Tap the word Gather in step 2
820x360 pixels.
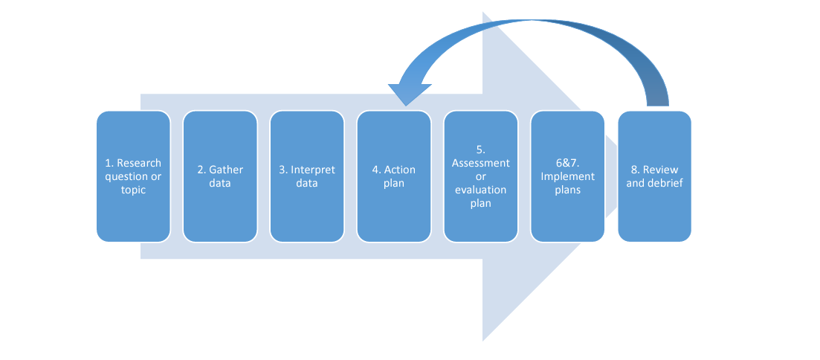(226, 170)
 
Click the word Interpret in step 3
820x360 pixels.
(313, 170)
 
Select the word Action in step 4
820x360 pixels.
(400, 170)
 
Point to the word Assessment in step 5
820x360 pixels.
(481, 163)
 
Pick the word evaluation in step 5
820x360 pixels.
(481, 190)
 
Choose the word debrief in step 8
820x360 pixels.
(665, 183)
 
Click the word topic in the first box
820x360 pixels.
(133, 190)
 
